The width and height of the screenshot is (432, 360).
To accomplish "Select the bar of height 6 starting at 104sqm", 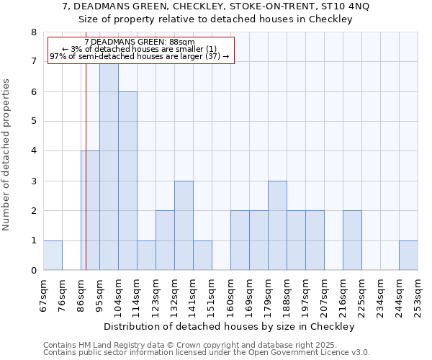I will (127, 181).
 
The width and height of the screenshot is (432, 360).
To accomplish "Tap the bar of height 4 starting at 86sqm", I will (90, 210).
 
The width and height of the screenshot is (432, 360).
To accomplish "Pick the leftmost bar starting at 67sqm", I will (53, 255).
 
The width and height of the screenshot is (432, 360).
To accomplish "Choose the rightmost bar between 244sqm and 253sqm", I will (408, 255).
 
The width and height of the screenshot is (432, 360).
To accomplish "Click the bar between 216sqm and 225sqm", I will (352, 240).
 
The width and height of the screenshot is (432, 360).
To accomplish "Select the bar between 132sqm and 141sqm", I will (184, 225).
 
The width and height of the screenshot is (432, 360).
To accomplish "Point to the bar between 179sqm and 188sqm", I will (277, 225).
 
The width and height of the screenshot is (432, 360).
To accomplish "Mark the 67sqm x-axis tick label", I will (43, 294).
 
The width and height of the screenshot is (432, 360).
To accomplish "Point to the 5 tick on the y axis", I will (33, 121).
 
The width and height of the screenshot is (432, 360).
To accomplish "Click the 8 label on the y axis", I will (33, 32).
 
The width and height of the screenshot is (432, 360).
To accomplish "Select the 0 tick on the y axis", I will (33, 271).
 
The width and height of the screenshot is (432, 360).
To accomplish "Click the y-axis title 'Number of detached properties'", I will (7, 155).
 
